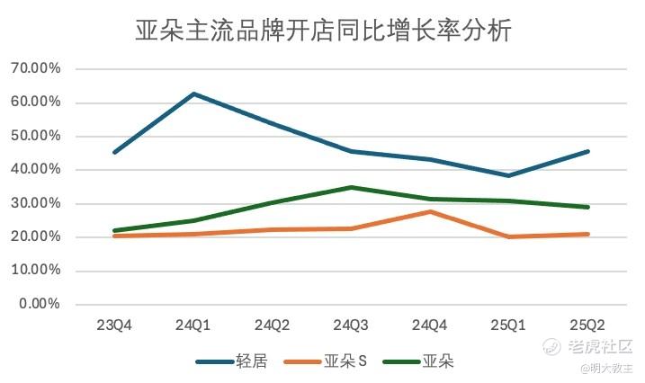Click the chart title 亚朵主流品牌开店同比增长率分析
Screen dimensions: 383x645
point(323,31)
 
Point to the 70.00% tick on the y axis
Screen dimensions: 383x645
point(35,68)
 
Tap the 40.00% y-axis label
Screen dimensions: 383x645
point(35,169)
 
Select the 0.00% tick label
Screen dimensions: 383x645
point(39,304)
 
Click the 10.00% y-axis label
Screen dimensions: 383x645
point(35,270)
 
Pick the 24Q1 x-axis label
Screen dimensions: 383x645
point(193,325)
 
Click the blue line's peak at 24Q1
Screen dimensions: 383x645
point(193,94)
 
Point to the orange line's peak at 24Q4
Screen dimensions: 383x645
point(430,211)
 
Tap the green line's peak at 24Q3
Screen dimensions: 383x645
point(351,187)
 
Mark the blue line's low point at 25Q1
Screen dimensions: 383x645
point(509,175)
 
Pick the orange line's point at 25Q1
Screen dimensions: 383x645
point(509,236)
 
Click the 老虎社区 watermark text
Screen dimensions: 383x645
point(602,346)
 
